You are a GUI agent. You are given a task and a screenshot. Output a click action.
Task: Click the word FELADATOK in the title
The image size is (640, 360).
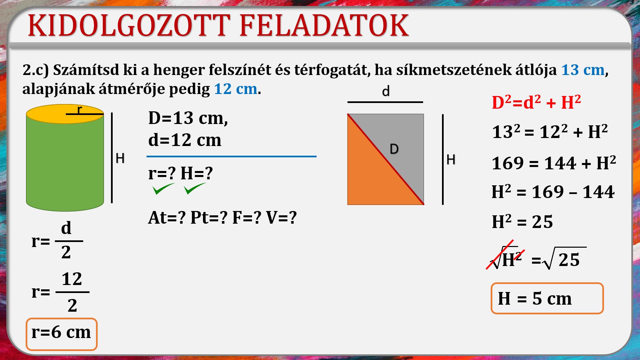click(x=324, y=25)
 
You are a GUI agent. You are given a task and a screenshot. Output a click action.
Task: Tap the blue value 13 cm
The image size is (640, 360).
click(x=583, y=70)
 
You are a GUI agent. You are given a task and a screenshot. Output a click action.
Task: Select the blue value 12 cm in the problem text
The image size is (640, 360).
click(x=236, y=89)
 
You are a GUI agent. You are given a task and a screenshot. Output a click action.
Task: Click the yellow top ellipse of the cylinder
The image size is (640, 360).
click(x=65, y=114)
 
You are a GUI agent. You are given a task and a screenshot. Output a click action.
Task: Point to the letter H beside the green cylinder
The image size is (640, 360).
click(x=120, y=158)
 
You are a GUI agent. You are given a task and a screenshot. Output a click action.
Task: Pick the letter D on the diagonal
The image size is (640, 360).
click(x=394, y=149)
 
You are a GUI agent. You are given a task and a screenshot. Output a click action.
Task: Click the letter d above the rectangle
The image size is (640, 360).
click(x=386, y=91)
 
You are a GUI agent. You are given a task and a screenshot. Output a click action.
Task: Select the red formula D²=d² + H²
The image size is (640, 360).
click(x=536, y=102)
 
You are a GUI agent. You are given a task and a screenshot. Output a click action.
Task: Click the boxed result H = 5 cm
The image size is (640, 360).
click(x=547, y=298)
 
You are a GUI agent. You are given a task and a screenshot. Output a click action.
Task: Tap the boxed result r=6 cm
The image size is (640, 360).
click(x=61, y=334)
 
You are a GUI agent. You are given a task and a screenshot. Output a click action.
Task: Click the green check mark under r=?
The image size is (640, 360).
click(x=163, y=189)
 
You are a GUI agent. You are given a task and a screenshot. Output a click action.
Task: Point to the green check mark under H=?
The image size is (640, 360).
click(x=195, y=189)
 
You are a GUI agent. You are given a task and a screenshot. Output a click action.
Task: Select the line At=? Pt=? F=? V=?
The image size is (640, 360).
click(x=222, y=218)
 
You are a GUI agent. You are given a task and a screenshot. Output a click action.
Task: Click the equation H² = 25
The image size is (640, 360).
click(x=522, y=222)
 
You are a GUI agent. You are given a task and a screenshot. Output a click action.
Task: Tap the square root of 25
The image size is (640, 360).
click(x=564, y=258)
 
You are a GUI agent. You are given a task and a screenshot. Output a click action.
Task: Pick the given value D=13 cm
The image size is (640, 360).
click(x=188, y=118)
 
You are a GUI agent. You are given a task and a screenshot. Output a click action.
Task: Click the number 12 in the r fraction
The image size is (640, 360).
click(x=72, y=279)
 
